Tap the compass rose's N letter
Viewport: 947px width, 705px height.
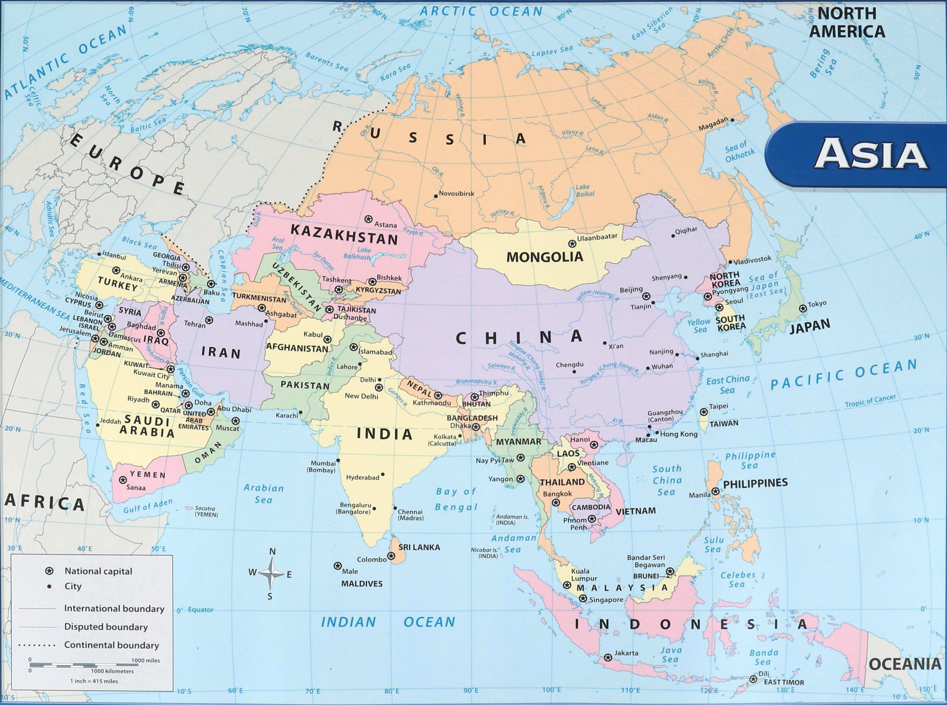tap(273, 551)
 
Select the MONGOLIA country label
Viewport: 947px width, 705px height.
tap(545, 257)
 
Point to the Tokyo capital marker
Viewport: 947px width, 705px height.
tap(803, 308)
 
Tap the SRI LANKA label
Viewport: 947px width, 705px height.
tap(419, 547)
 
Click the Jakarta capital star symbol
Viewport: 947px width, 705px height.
tap(608, 658)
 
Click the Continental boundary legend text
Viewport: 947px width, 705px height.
tap(111, 645)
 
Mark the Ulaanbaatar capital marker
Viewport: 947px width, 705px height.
tap(572, 244)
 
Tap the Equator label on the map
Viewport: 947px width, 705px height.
tap(200, 609)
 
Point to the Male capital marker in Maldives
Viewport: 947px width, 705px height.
tap(338, 566)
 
